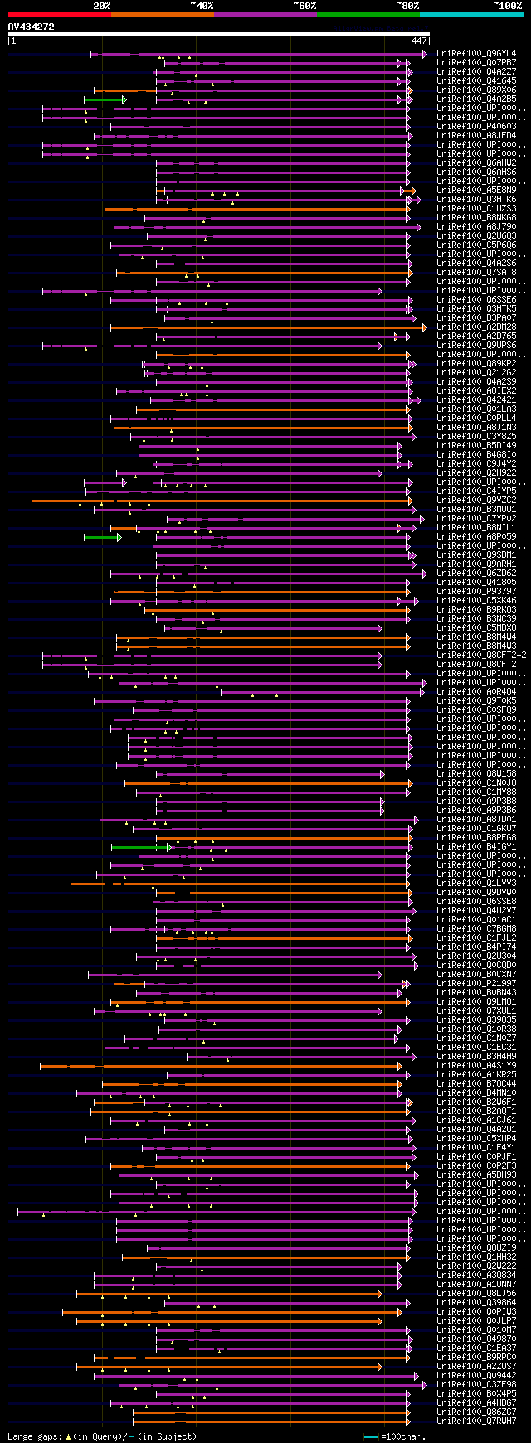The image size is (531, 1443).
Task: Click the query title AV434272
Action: [x=32, y=27]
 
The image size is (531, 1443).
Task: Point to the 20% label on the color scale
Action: [x=102, y=5]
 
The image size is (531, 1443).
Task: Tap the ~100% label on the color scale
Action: [x=506, y=5]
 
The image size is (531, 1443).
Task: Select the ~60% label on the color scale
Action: [x=304, y=5]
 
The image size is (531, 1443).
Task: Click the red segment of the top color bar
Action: [x=59, y=14]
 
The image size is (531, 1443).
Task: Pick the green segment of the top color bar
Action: [x=368, y=14]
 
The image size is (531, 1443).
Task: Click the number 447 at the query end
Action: [x=419, y=40]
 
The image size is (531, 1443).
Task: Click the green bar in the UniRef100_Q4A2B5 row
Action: [x=105, y=99]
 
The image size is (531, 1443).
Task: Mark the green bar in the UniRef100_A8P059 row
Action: [x=102, y=537]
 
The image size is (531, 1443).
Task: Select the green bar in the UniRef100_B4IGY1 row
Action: [x=140, y=847]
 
